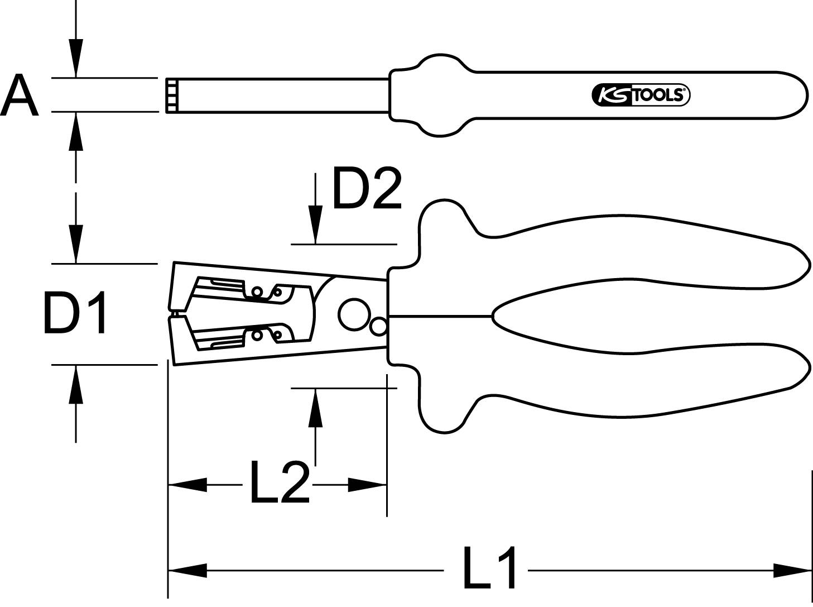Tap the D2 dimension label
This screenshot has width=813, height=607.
point(367,188)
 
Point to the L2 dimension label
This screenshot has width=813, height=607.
point(279,482)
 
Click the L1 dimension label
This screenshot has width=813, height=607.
point(490,568)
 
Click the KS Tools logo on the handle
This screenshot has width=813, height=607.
point(641,95)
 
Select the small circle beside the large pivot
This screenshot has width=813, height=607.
point(378,327)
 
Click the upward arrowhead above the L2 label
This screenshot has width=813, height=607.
point(316,408)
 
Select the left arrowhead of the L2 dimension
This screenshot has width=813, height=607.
point(187,485)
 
